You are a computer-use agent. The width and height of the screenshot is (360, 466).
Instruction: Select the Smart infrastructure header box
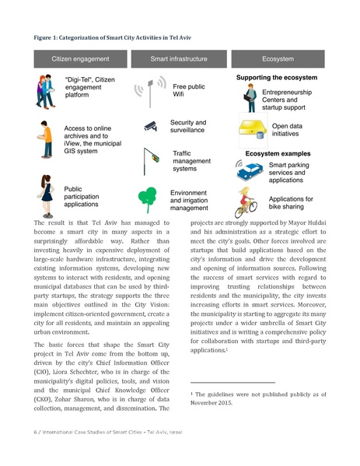pos(180,58)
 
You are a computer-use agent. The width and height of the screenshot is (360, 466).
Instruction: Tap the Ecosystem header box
pos(278,58)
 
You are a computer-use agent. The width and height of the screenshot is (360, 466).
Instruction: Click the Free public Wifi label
pos(189,92)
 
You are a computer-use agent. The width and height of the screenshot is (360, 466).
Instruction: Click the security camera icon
pos(151,126)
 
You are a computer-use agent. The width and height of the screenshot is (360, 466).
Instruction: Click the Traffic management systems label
pos(190,161)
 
